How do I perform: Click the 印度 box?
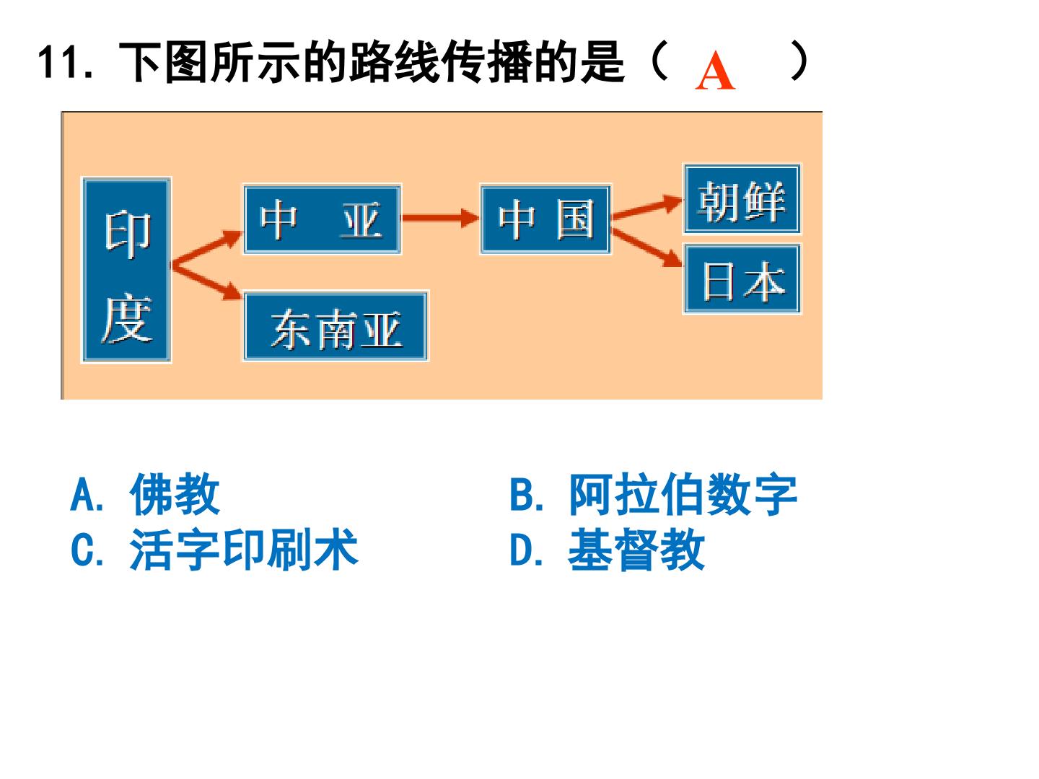(127, 270)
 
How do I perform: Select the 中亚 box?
(323, 219)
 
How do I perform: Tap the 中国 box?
(545, 219)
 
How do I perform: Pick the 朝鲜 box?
(742, 198)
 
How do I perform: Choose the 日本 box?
(742, 278)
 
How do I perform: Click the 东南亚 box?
(336, 326)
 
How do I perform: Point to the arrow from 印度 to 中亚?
(207, 247)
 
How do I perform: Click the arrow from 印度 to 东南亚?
(207, 281)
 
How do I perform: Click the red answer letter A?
(715, 70)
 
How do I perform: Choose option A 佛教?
(145, 494)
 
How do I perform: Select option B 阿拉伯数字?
(654, 494)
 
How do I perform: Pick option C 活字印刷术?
(214, 549)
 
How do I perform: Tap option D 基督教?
(608, 549)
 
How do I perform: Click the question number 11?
(65, 62)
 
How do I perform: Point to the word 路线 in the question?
(394, 62)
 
